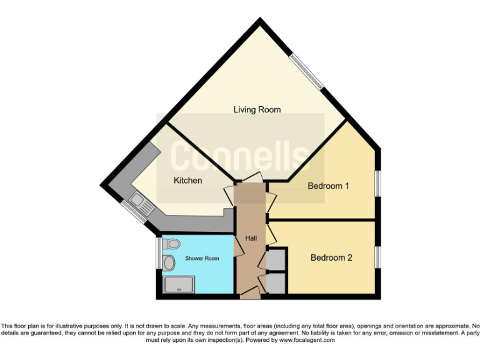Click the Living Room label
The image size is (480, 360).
click(x=257, y=109)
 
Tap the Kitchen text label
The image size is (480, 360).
click(x=187, y=181)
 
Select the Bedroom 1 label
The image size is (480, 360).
click(x=328, y=186)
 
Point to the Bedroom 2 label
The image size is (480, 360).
click(x=332, y=257)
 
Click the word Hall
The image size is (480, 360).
click(x=251, y=238)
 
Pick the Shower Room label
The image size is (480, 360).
click(x=202, y=258)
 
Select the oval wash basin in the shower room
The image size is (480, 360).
click(x=169, y=263)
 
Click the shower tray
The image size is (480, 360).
click(x=179, y=285)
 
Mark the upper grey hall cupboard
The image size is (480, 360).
click(x=276, y=259)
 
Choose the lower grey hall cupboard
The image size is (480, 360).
click(x=276, y=283)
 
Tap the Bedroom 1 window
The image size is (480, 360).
click(x=377, y=182)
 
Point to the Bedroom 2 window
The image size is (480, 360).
click(x=377, y=257)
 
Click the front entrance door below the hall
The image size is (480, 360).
click(x=250, y=293)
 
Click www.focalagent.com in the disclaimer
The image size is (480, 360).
click(x=307, y=341)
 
